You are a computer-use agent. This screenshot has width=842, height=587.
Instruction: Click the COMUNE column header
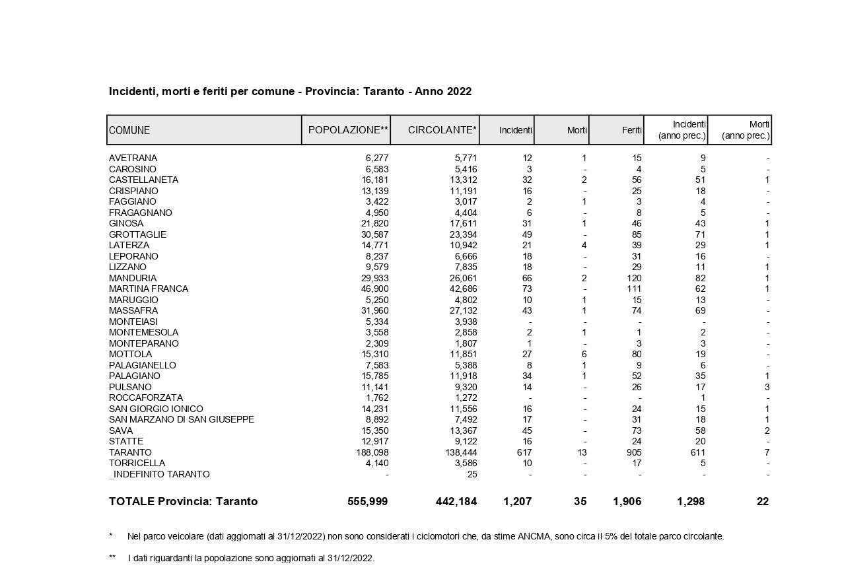tap(129, 130)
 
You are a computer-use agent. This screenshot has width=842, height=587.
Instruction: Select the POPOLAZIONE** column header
tap(348, 130)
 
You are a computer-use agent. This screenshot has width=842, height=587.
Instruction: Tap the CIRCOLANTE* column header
tap(442, 130)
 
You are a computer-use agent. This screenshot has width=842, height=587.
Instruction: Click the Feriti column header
tap(631, 131)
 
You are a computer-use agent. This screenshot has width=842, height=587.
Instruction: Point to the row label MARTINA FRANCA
tap(149, 289)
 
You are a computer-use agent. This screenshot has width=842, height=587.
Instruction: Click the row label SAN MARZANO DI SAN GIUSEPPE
tap(182, 419)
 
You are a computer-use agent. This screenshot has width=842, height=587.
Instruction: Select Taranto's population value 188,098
tap(372, 452)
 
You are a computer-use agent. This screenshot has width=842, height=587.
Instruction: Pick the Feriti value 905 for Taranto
tap(633, 452)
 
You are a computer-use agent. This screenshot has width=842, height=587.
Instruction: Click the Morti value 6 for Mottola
tap(583, 354)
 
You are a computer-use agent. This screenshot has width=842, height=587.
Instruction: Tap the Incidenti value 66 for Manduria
tap(526, 278)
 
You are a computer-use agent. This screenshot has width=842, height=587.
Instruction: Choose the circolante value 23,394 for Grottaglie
tap(461, 234)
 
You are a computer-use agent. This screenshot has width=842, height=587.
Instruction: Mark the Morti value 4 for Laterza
tap(583, 245)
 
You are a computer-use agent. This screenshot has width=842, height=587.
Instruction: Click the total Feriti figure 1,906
tap(627, 502)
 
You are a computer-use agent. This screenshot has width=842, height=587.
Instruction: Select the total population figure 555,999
tap(367, 502)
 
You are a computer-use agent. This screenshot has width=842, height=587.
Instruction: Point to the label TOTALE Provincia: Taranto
tap(183, 502)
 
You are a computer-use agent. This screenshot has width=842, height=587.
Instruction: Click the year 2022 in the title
tap(459, 92)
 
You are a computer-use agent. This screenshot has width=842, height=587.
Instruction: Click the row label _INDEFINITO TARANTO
tap(159, 474)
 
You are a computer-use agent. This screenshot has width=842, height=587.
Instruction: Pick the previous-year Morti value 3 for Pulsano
tap(766, 387)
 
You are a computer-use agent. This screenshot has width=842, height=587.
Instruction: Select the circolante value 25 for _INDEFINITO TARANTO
tap(471, 474)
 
